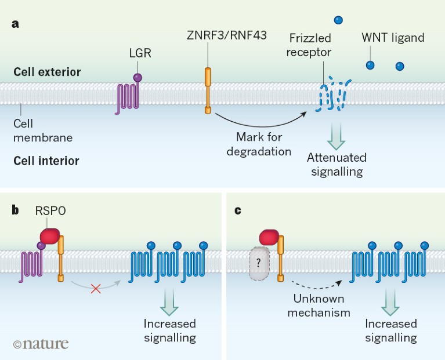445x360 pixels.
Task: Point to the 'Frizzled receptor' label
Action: tap(310, 45)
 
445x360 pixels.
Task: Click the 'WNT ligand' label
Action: tap(393, 38)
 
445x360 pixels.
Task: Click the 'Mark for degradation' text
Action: tap(259, 144)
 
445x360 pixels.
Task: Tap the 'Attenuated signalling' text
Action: tap(337, 164)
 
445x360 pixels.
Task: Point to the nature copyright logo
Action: tap(41, 344)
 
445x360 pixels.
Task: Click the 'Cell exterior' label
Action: tap(48, 72)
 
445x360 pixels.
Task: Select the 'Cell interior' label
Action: tap(46, 160)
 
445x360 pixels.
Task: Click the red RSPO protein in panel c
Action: tap(270, 237)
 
